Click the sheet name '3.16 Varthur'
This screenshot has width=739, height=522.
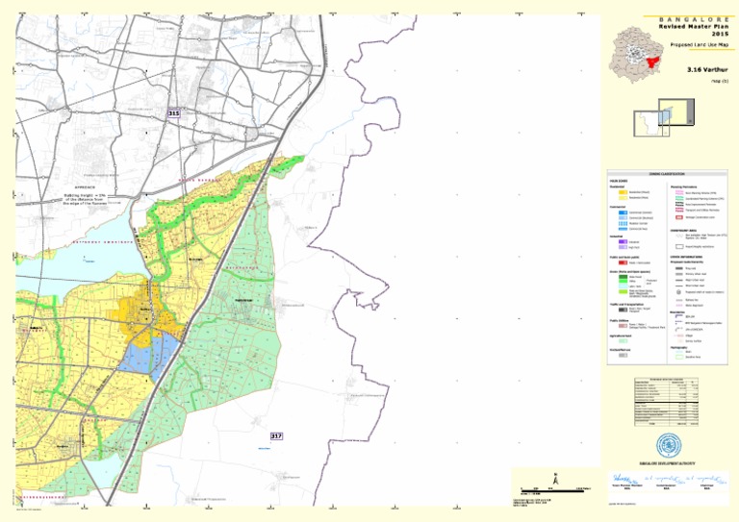707,70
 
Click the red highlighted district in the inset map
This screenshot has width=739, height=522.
654,62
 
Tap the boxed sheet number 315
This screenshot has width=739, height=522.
173,113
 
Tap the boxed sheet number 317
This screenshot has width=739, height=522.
277,436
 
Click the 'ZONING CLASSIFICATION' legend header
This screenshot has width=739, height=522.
662,171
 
